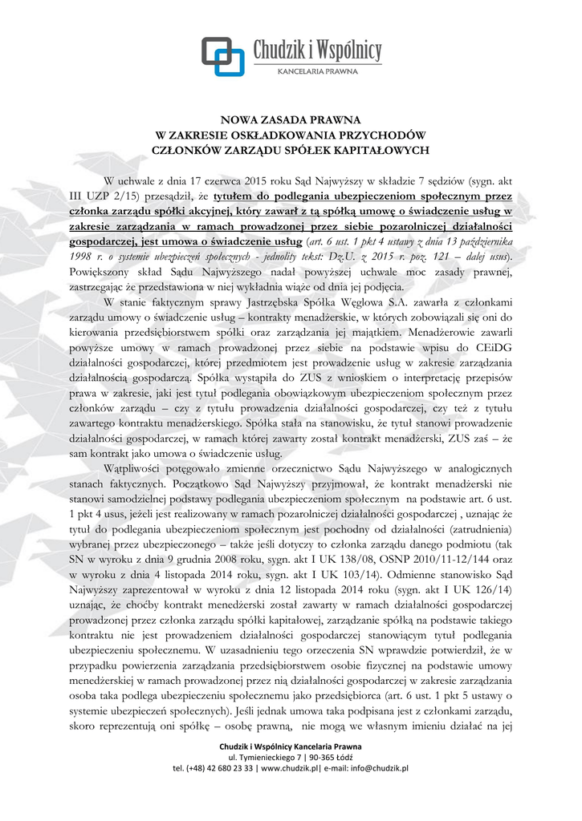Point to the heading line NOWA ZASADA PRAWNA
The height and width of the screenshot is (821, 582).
291,120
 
